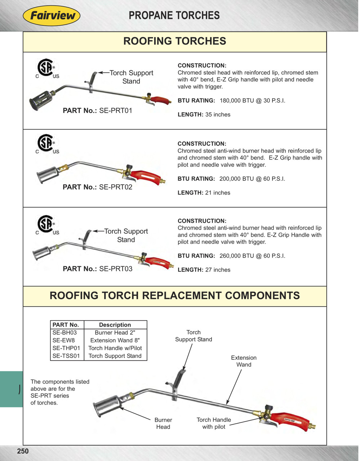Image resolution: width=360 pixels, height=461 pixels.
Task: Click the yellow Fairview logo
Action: click(52, 15)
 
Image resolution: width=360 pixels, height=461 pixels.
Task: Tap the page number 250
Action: click(23, 451)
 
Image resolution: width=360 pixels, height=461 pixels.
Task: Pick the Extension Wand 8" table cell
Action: click(115, 340)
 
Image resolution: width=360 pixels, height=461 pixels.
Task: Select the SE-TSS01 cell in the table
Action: click(66, 356)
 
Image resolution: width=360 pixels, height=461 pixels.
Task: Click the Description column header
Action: click(115, 325)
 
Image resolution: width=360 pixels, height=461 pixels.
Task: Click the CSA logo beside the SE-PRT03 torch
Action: click(46, 224)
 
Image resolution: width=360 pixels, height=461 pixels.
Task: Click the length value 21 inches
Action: click(218, 193)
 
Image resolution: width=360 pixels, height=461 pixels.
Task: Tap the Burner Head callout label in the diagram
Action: click(163, 423)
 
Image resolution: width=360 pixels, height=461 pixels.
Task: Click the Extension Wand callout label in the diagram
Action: click(244, 361)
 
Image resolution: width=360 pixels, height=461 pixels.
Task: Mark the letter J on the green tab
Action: click(19, 389)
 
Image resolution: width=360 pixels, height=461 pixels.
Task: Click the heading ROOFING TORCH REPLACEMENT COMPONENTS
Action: click(175, 296)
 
